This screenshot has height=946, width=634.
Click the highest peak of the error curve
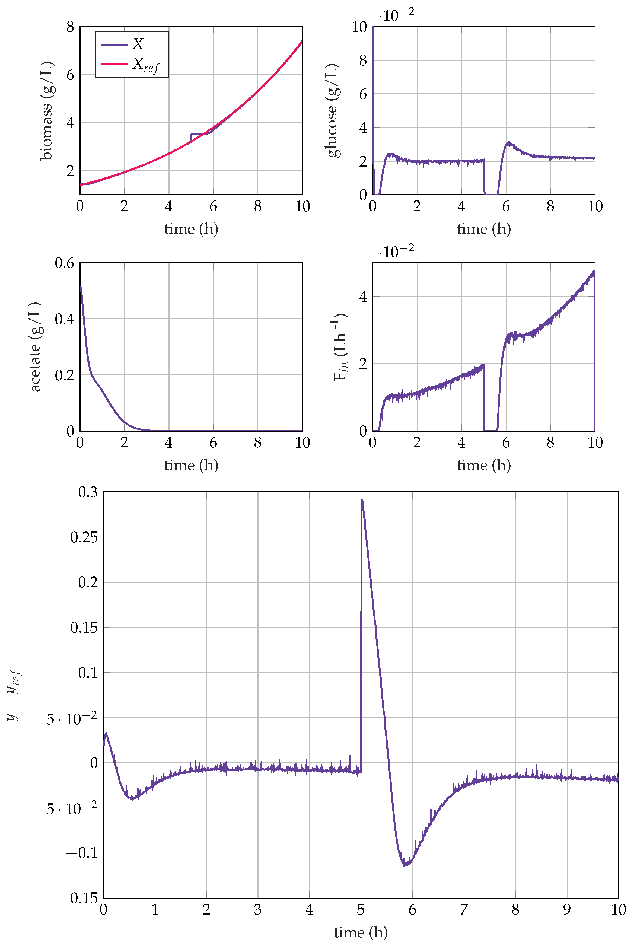coord(362,501)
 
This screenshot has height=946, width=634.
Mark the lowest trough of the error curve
coord(406,865)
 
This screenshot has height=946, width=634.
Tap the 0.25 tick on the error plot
coord(84,537)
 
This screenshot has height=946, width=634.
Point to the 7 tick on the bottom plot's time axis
coord(464,910)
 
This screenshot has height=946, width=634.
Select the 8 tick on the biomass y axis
coord(70,27)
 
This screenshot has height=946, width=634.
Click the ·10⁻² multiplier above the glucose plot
coord(396,15)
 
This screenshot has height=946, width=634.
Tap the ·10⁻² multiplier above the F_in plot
coord(396,251)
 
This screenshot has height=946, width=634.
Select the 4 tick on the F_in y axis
coord(363,297)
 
